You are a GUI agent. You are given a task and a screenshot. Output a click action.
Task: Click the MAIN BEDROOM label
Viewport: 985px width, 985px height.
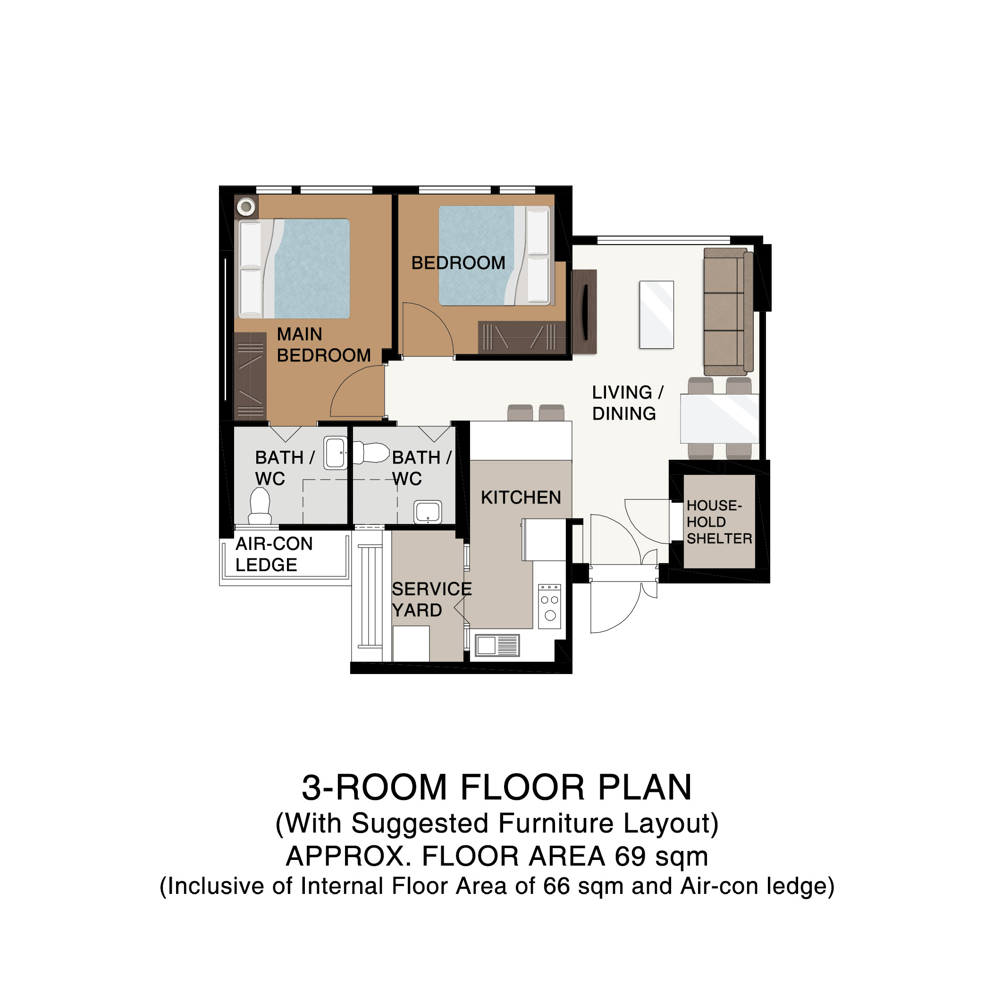[324, 345]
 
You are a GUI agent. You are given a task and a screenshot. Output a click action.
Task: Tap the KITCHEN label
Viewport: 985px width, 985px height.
[521, 497]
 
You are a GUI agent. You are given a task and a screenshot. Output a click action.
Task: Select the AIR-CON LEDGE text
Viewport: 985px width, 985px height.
[274, 554]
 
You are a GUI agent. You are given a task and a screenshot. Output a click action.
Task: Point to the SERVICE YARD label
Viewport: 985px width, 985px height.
[431, 599]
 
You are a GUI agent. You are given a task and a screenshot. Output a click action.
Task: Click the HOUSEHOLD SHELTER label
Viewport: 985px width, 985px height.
[719, 522]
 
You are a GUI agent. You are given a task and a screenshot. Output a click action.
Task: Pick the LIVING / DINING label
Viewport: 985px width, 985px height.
[628, 403]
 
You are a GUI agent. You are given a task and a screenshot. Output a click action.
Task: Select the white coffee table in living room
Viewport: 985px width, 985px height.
[657, 315]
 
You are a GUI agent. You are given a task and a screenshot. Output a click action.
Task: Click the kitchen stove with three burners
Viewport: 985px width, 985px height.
[549, 606]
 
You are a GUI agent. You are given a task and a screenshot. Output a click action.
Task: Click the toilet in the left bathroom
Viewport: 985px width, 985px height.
[260, 506]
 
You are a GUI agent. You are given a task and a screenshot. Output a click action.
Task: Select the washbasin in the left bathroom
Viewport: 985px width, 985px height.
[336, 453]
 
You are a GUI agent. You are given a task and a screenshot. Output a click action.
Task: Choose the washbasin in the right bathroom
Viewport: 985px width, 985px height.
[428, 512]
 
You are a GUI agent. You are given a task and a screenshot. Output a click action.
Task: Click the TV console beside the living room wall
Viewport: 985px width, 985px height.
[584, 312]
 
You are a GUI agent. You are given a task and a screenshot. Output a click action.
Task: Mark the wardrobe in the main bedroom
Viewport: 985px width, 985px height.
[250, 376]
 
